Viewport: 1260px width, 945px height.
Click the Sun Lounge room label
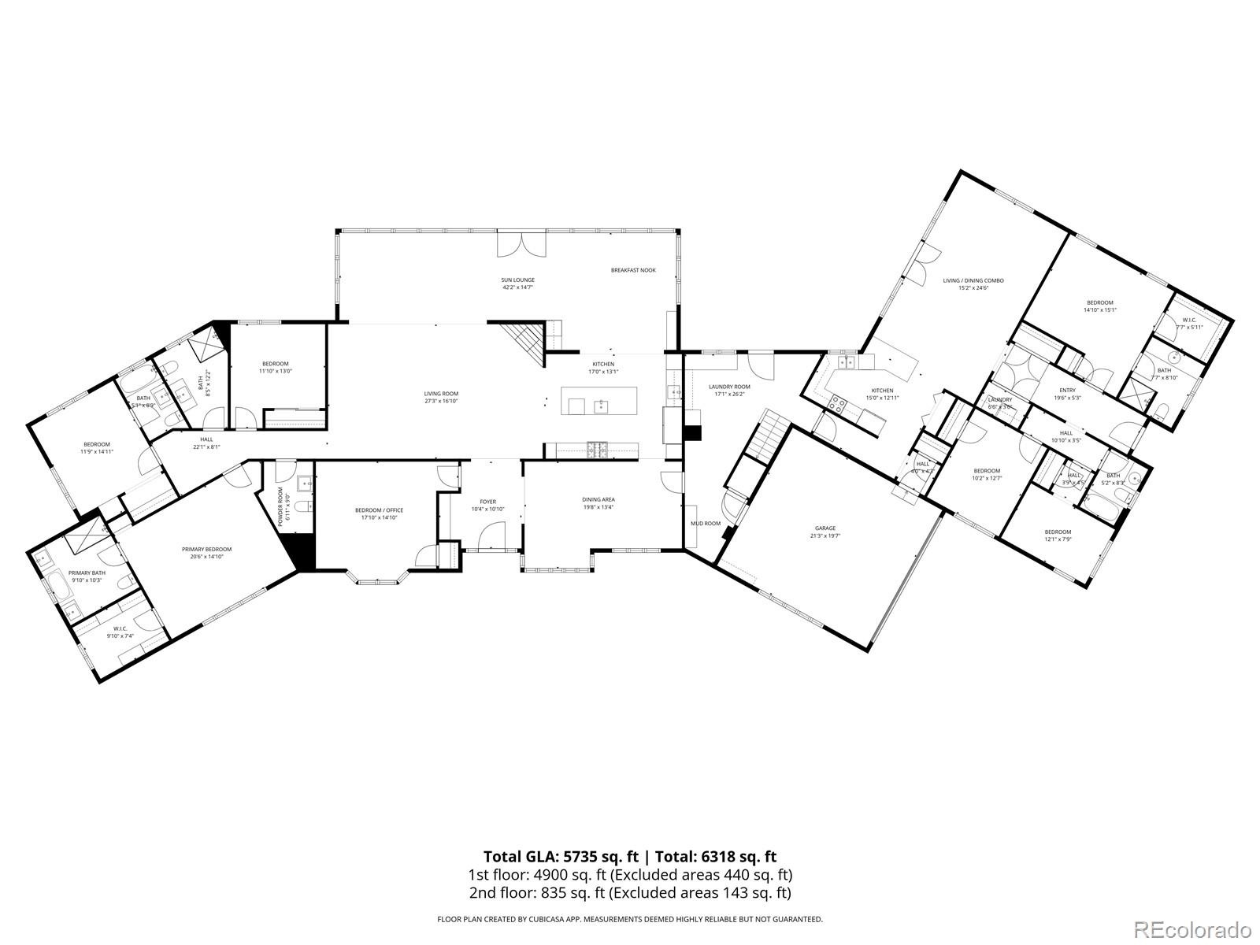(518, 283)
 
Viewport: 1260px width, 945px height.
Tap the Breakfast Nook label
(633, 270)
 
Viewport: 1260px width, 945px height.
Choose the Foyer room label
(488, 505)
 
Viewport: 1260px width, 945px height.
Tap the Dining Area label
(598, 503)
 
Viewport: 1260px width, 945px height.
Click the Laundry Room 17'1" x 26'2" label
(729, 391)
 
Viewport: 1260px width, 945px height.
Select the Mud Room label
(706, 523)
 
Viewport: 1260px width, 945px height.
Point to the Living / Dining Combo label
(973, 283)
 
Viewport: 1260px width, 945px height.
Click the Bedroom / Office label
(379, 513)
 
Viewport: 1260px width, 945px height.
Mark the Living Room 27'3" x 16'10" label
(441, 397)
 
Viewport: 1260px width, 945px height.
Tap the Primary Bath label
(87, 576)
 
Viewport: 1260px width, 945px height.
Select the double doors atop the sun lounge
(521, 244)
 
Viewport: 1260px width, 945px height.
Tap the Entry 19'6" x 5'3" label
(1067, 394)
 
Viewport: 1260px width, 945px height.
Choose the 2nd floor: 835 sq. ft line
(630, 893)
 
